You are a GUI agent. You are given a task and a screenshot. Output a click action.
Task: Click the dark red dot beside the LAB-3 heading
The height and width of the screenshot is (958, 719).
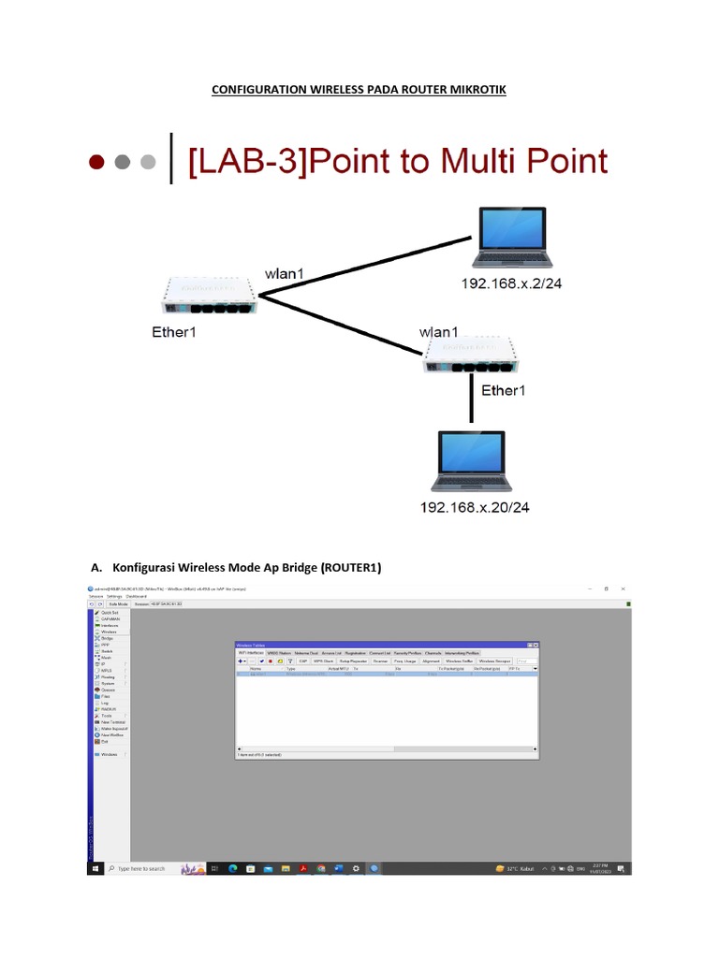coord(95,162)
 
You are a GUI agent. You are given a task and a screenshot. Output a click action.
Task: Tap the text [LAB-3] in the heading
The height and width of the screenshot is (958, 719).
coord(246,161)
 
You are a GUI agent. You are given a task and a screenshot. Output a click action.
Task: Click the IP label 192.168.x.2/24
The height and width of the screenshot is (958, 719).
coord(511,283)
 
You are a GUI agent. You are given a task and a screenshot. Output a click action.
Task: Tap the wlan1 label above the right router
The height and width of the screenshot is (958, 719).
coord(439,331)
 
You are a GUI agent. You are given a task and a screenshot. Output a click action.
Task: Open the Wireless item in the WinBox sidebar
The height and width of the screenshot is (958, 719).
coord(110,631)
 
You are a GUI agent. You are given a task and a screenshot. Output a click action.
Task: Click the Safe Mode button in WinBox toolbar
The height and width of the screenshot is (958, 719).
coord(119,604)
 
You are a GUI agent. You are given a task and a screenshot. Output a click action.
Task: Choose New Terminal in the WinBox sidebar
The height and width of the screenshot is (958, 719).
coord(114,721)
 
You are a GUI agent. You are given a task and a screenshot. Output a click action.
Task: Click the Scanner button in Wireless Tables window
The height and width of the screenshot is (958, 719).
coord(380,660)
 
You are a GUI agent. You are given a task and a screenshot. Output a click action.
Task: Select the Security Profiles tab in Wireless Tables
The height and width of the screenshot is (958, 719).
coord(406,653)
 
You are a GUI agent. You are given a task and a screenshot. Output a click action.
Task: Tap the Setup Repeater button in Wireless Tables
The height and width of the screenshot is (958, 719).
coord(352,660)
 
